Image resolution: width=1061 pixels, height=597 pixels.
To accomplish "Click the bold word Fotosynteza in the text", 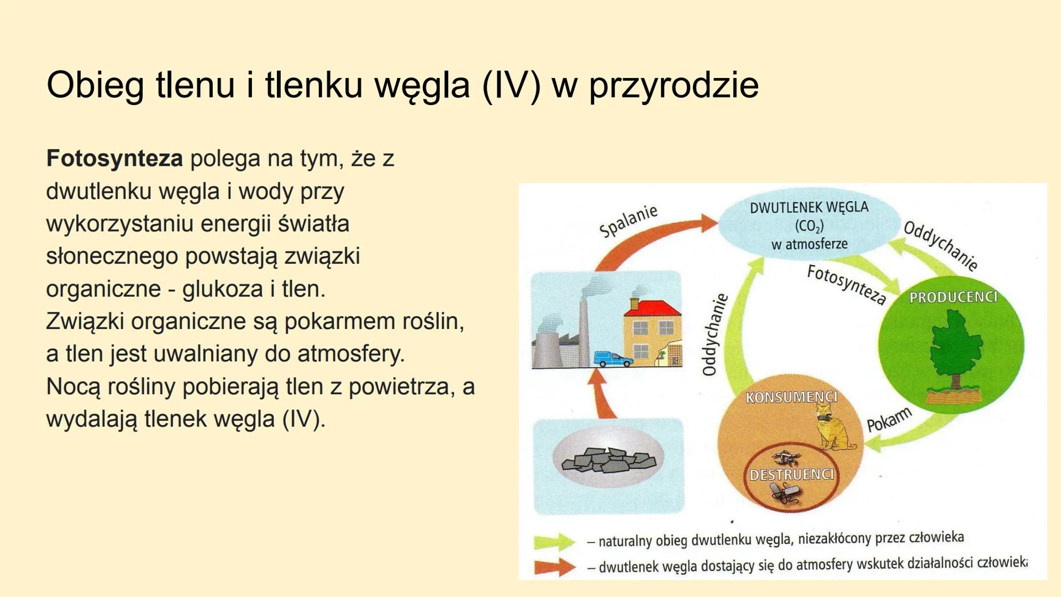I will tap(114, 159).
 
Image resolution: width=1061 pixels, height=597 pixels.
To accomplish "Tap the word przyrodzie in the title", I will tap(674, 85).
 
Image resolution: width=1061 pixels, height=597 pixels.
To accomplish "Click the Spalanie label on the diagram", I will tap(629, 220).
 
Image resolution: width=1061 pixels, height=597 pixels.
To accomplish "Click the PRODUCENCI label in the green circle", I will tap(953, 297).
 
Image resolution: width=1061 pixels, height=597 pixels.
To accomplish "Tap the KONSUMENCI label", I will tap(791, 397).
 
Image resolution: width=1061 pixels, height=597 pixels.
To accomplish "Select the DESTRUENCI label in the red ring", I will tap(791, 475).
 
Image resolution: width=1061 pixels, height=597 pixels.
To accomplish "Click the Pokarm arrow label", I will tap(889, 420).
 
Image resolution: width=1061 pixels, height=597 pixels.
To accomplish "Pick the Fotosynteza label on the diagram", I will tap(846, 284).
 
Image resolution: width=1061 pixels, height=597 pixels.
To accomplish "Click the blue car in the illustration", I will tap(613, 359).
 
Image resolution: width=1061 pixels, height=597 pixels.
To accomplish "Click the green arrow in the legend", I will tap(555, 542).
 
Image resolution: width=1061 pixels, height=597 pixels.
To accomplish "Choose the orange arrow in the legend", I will tap(555, 567).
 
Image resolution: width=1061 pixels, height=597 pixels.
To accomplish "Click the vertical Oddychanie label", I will tap(714, 335).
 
